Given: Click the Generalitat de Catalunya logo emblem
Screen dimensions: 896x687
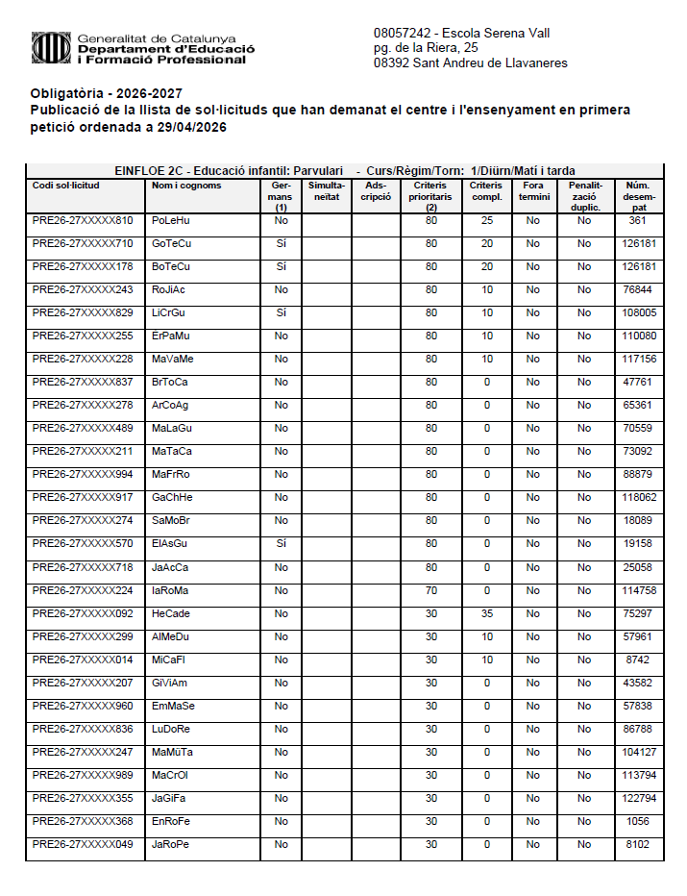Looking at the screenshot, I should (51, 46).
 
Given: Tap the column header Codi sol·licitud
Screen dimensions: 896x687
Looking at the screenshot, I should (65, 186).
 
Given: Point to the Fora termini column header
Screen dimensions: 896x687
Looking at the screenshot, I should (532, 190).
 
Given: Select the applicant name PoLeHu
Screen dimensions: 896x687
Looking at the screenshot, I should (171, 220).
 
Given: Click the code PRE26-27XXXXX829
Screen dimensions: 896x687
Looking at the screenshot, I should (83, 312).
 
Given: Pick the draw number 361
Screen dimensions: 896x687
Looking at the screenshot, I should (637, 220).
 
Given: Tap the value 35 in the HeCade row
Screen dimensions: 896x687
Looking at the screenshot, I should (486, 613).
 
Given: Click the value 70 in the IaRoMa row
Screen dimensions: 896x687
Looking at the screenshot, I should (431, 590).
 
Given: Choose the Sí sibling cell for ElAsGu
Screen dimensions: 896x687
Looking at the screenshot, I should (281, 544).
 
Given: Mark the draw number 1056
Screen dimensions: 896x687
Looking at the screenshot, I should (637, 821).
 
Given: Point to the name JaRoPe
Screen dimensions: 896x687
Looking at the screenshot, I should (171, 844).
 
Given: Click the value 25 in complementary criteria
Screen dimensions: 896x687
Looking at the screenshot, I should (486, 220).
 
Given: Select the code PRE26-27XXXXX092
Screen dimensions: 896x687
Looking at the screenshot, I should (83, 613).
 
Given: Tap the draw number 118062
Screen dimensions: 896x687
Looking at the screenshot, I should (637, 498).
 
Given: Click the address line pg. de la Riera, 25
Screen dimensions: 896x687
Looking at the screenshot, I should (426, 47).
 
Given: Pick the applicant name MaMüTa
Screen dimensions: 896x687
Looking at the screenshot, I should (173, 752).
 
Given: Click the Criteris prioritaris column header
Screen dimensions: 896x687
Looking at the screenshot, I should (431, 195).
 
